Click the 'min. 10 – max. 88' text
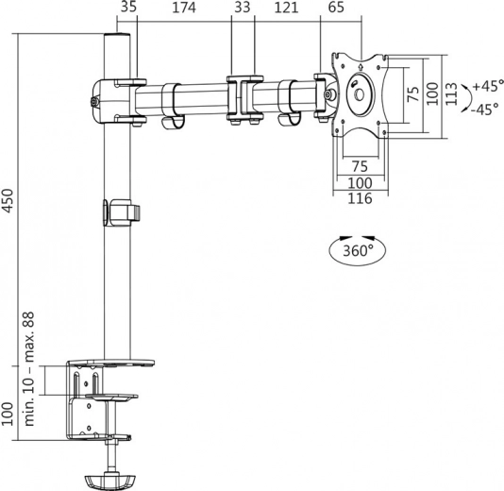(x=31, y=371)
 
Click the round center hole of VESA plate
(x=360, y=93)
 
